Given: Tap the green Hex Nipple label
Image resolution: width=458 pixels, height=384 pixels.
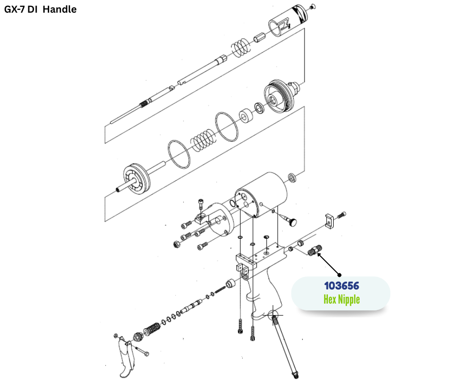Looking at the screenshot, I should pyautogui.click(x=341, y=299).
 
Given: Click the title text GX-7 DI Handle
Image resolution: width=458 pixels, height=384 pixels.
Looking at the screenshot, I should pyautogui.click(x=40, y=9).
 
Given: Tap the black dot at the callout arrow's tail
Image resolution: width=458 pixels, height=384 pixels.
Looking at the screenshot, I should pyautogui.click(x=340, y=275).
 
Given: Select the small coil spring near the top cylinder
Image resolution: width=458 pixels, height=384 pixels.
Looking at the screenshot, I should pyautogui.click(x=240, y=47).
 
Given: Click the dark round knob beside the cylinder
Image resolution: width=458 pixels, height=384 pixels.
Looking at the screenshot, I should pyautogui.click(x=292, y=222).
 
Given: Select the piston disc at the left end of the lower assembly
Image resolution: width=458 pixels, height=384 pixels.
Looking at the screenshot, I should pyautogui.click(x=138, y=176).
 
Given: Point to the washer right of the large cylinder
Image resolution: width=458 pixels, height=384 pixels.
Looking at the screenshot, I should pyautogui.click(x=292, y=176).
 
